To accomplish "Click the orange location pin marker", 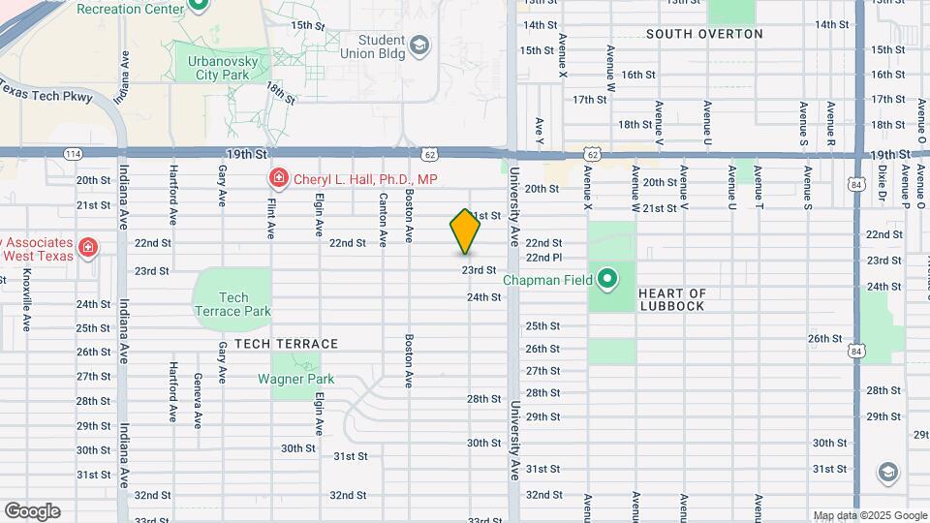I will (465, 231).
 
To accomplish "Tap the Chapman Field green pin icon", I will (607, 280).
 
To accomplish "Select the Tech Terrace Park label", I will (232, 304).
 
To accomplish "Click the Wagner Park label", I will (295, 380).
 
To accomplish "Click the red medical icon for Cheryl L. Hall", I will (278, 178).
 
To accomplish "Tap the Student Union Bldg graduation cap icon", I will (418, 45).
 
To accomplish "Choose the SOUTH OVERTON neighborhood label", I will (704, 34).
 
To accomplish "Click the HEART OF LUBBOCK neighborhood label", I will (672, 299).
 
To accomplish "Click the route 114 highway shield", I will (73, 153).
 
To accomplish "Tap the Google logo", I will (32, 510).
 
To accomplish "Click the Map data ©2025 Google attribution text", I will (870, 515).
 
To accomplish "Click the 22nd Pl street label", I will (543, 258).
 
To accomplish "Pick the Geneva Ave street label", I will (198, 400).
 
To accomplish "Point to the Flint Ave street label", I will (270, 215).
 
